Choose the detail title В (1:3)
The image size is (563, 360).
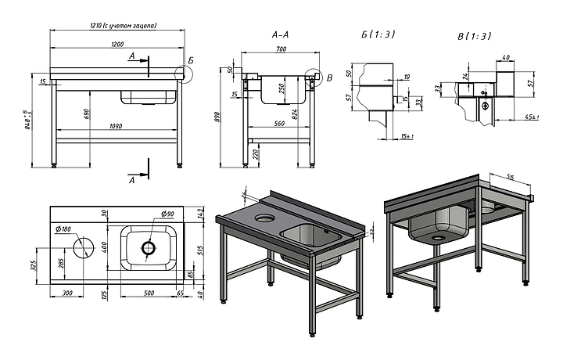(475, 36)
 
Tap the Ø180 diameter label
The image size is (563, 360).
(64, 229)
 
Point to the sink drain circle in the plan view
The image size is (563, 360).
(149, 248)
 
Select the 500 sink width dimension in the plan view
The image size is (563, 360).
(149, 293)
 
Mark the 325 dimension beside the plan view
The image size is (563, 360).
(33, 265)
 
